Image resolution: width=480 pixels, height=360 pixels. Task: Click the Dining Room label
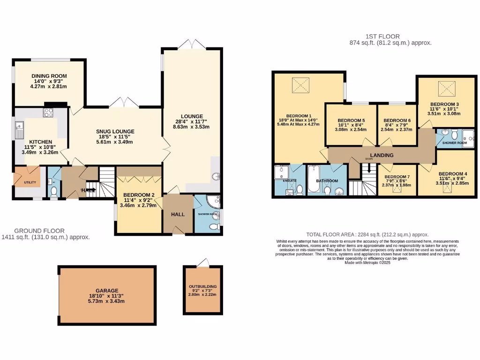pyautogui.click(x=49, y=76)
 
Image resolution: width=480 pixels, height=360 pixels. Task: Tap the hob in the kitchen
pyautogui.click(x=49, y=112)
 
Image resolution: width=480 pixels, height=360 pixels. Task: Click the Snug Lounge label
pyautogui.click(x=116, y=131)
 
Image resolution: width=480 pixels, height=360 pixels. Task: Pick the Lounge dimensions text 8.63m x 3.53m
pyautogui.click(x=191, y=127)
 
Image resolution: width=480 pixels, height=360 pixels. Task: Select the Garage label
pyautogui.click(x=107, y=290)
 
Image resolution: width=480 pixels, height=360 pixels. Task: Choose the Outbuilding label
pyautogui.click(x=203, y=286)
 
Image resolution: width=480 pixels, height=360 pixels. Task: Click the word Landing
pyautogui.click(x=382, y=155)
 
